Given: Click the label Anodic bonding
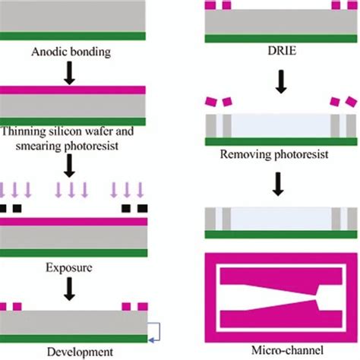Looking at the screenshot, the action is pos(71,52).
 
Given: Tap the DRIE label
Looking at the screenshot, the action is pos(282,51).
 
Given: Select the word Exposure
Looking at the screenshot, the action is pos(69,268).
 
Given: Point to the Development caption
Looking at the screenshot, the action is pos(80,352).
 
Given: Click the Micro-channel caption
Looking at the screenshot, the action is pos(287,350).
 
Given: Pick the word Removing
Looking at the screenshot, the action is pos(245,154).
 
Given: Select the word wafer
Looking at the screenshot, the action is pos(99,131).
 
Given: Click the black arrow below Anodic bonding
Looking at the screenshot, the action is pos(69,73).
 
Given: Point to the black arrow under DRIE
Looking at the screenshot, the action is pos(281,82).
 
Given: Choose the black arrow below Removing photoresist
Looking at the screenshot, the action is pos(278,184).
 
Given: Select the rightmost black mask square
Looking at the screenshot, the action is pos(143,208).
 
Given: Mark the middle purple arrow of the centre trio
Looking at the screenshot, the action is pos(71,190).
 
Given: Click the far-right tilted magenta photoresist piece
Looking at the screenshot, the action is pos(352,102).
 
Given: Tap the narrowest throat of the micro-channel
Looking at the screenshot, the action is pos(316,297).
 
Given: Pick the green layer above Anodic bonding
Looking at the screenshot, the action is pos(73,36).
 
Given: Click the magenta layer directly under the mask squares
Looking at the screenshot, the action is pos(74,222).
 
